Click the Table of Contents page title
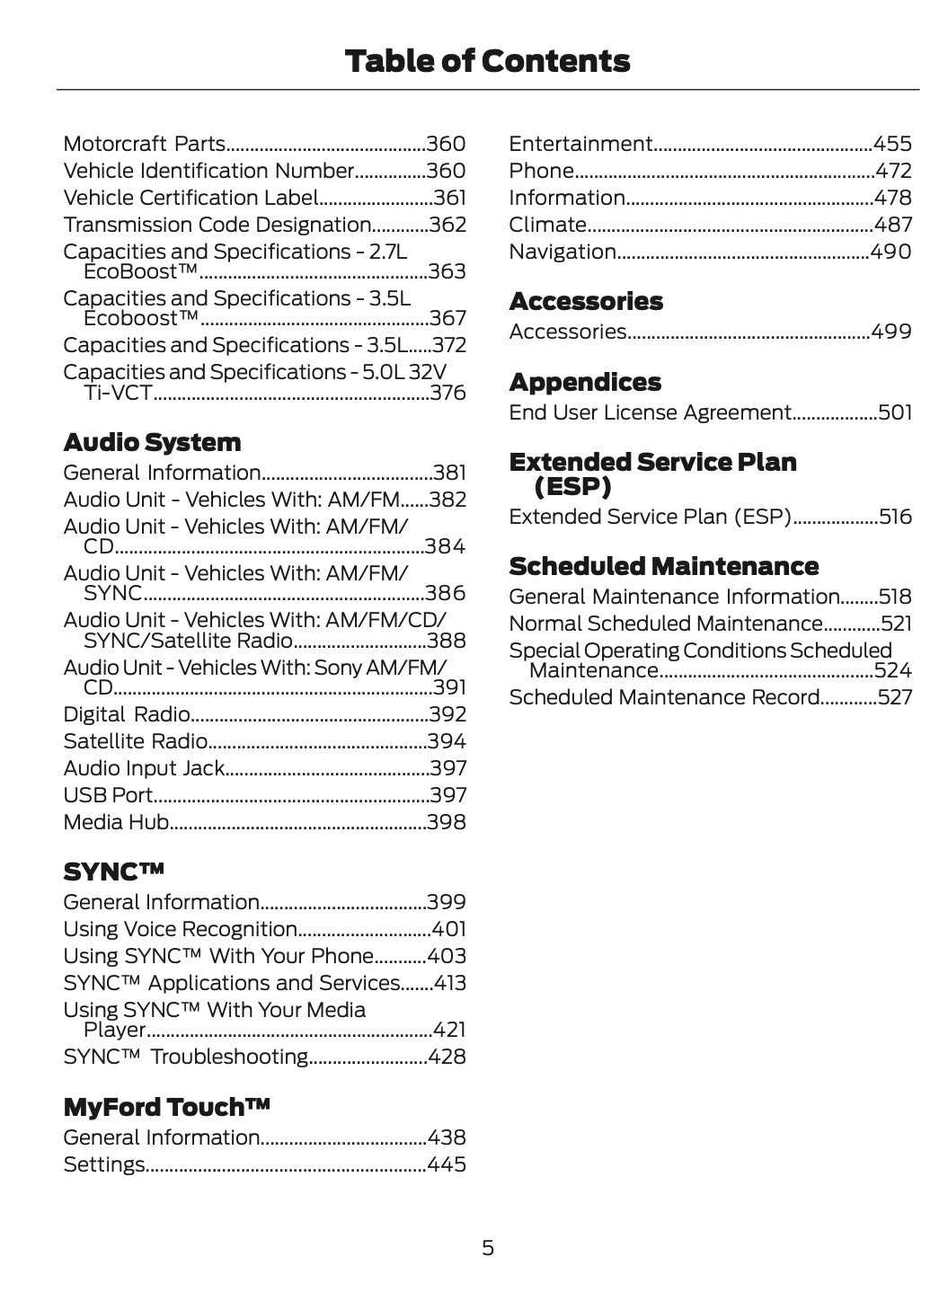tap(487, 61)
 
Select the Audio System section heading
tap(152, 442)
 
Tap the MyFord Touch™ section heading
tap(166, 1107)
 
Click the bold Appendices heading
tap(585, 382)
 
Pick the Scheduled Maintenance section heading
tap(663, 566)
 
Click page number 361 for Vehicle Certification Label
tap(449, 198)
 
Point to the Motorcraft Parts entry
tap(144, 144)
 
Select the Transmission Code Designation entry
tap(217, 225)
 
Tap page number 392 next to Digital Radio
tap(447, 714)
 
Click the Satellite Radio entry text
tap(135, 741)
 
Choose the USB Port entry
tap(108, 795)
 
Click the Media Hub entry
tap(116, 822)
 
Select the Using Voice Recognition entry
tap(180, 929)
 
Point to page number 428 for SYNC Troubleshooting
tap(447, 1057)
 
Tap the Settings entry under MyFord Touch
tap(103, 1164)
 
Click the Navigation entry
tap(563, 252)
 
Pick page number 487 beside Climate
tap(892, 225)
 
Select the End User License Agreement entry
tap(649, 412)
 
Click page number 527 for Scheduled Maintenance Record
tap(894, 697)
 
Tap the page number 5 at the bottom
tap(487, 1247)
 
